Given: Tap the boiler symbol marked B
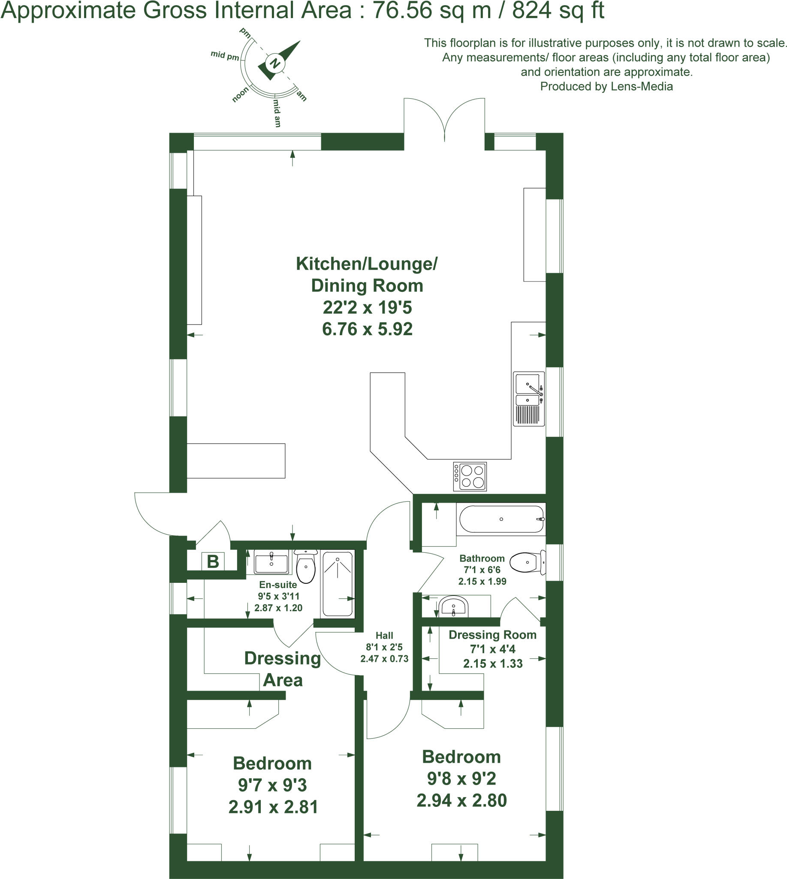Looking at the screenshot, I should click(213, 562).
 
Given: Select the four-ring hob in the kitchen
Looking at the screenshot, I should click(470, 476).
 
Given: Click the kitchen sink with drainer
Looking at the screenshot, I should click(529, 399).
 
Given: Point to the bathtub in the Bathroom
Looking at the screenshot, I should click(501, 519).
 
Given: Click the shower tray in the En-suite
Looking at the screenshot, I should click(337, 583).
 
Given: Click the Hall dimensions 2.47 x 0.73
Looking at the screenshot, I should click(384, 659).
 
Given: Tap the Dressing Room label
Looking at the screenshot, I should click(492, 635).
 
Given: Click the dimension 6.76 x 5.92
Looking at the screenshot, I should click(367, 329).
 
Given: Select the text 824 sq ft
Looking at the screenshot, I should click(558, 10).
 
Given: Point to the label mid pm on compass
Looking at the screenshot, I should click(225, 55).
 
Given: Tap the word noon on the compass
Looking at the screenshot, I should click(241, 94).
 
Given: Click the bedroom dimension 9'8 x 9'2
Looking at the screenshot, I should click(461, 779).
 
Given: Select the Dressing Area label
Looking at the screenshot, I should click(282, 669).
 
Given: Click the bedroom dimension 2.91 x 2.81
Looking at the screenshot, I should click(273, 807).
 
